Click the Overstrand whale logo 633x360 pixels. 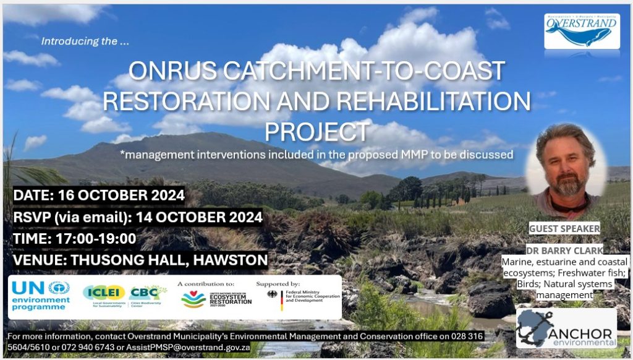[580, 31]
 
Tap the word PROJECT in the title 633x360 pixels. [316, 132]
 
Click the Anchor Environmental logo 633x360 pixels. [566, 328]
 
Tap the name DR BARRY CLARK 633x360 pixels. [564, 251]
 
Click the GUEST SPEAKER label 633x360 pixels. [564, 229]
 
